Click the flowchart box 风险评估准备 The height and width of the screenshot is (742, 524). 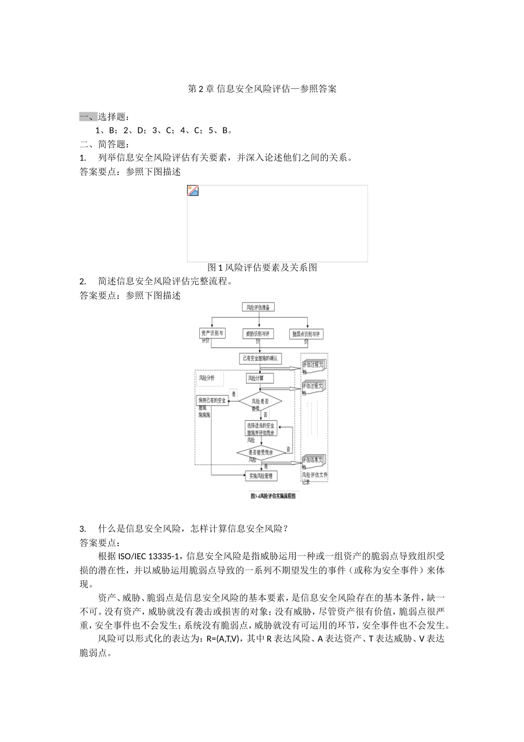tap(258, 308)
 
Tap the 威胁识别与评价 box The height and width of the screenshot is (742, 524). tap(258, 334)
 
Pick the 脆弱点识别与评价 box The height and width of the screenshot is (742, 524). tap(307, 335)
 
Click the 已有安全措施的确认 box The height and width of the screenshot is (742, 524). tap(260, 359)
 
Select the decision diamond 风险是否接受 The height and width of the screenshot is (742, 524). tap(260, 402)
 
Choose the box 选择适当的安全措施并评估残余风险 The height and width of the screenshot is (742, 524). tap(260, 429)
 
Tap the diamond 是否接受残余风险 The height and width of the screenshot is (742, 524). tap(260, 453)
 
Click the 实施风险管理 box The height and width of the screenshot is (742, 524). tap(260, 476)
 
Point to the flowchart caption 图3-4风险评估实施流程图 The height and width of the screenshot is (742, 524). tap(272, 496)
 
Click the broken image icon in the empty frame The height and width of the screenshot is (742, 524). tap(193, 191)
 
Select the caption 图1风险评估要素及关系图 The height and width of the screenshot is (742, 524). tap(262, 268)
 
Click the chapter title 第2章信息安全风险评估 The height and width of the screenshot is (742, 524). tap(262, 89)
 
